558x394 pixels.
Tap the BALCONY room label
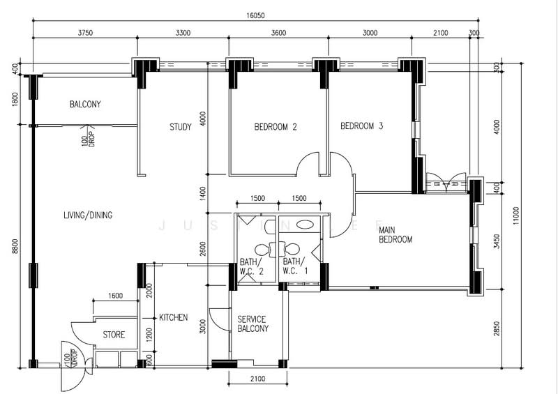[85, 105]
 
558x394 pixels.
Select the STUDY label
[181, 127]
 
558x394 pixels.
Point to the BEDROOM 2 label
[276, 127]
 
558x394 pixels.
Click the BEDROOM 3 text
[361, 126]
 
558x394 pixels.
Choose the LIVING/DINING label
[87, 215]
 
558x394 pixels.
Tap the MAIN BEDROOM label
[395, 234]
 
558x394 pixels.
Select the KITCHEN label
[173, 317]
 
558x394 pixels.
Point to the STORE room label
[114, 335]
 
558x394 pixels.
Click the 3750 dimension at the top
[85, 32]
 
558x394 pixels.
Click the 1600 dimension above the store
[116, 296]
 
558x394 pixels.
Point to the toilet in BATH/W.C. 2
[262, 248]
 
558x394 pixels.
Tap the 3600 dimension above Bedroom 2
[278, 32]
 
